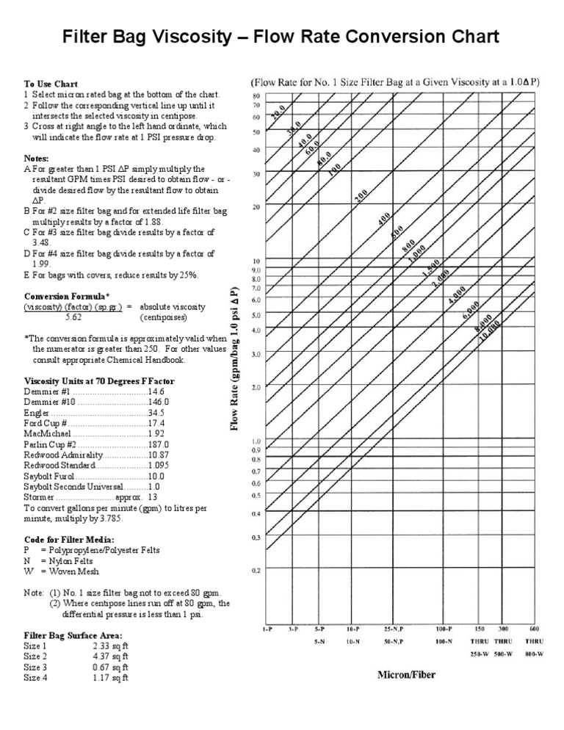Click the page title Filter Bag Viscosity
pos(282,36)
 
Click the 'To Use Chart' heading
pos(51,84)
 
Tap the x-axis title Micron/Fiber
pos(405,673)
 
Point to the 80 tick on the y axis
pos(256,96)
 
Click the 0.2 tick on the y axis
pos(256,570)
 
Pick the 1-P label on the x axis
pos(270,629)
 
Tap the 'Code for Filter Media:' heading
pos(69,539)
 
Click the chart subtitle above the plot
pos(395,83)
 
